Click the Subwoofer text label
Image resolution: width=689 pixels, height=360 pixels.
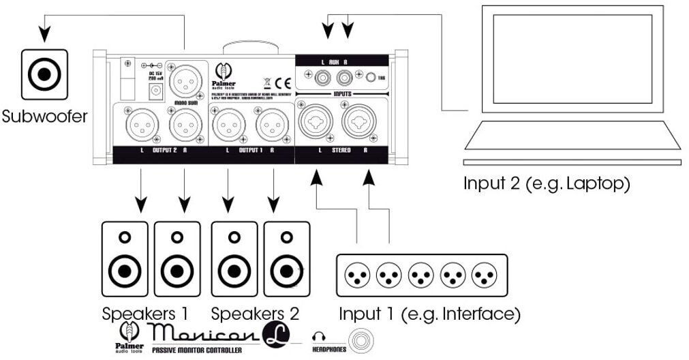coord(44,116)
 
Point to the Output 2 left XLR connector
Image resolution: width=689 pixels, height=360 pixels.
coord(140,126)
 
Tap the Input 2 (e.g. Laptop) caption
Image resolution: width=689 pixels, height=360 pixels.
coord(547,184)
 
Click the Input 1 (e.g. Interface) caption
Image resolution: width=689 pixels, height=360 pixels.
coord(429,314)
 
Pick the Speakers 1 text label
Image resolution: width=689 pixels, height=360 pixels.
coord(145,314)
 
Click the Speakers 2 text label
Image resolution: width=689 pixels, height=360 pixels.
coord(255,314)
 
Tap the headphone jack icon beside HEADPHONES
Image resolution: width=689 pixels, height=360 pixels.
coord(359,339)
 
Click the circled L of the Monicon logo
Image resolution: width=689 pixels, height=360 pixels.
coord(276,334)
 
